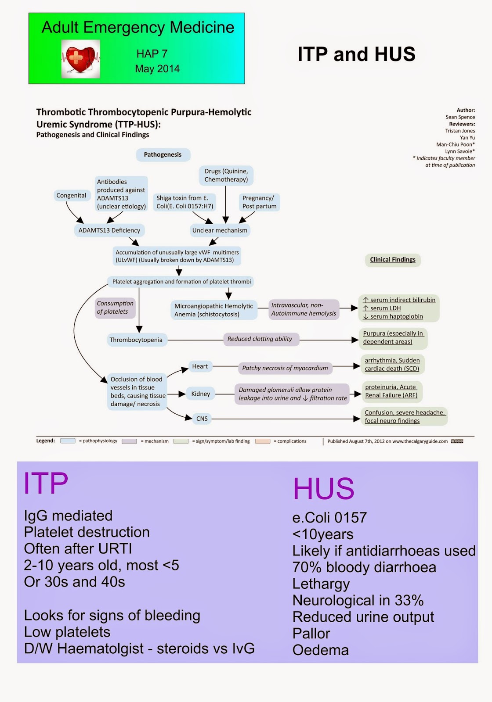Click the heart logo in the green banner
(x=81, y=59)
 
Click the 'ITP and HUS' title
(x=356, y=54)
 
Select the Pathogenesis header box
(x=163, y=154)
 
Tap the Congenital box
(x=71, y=195)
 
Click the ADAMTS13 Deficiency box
(x=109, y=230)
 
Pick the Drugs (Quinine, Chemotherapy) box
(x=226, y=175)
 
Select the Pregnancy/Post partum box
(x=259, y=202)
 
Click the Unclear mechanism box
(x=220, y=230)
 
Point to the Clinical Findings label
(x=392, y=260)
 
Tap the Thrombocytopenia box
(x=136, y=340)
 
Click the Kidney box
(x=200, y=394)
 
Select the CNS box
(x=202, y=419)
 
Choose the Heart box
(x=199, y=366)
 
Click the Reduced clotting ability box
(x=260, y=339)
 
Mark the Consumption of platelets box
(x=115, y=308)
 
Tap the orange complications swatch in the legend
(x=263, y=441)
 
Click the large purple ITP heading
(x=46, y=484)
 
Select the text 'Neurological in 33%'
(x=358, y=600)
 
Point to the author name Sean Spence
(x=460, y=117)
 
